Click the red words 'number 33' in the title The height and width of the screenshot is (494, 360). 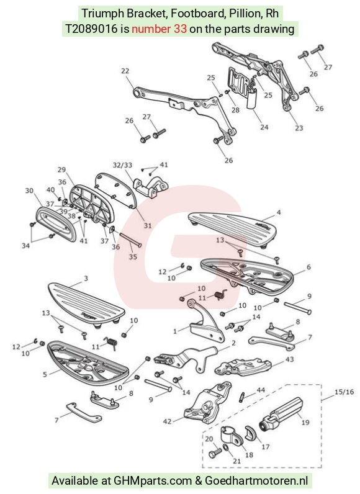coord(159,29)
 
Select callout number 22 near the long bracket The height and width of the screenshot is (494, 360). coord(125,71)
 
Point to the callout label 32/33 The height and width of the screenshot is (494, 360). coord(122,165)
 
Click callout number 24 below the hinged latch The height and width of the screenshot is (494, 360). coord(264,127)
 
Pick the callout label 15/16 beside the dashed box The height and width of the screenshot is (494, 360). coord(344,392)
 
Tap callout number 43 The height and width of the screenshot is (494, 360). coord(289,359)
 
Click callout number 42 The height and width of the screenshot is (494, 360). coord(167,421)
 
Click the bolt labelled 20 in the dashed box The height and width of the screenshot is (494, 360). coord(215,453)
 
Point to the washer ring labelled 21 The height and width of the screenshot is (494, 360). coord(226,447)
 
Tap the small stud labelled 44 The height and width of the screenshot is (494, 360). coord(243,397)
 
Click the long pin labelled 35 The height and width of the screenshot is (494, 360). coord(130,239)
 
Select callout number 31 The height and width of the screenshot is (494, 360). coord(148,225)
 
